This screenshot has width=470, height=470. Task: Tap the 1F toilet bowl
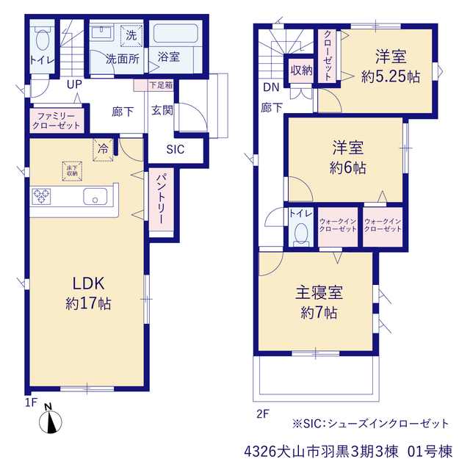[x=43, y=39]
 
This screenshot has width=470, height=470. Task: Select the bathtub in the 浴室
[x=176, y=34]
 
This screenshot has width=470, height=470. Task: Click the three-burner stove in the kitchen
[x=41, y=197]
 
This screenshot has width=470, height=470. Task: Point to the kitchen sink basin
[x=95, y=197]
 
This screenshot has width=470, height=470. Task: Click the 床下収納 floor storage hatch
[x=72, y=171]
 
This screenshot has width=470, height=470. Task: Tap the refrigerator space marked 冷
[x=103, y=150]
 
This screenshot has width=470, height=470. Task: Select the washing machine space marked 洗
[x=131, y=36]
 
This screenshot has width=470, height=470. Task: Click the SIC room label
[x=176, y=149]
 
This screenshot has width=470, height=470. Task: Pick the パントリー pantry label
[x=161, y=199]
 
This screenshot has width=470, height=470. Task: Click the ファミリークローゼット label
[x=56, y=120]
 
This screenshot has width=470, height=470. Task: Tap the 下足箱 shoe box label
[x=161, y=85]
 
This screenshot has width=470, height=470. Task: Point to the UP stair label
[x=74, y=84]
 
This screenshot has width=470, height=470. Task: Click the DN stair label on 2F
[x=271, y=87]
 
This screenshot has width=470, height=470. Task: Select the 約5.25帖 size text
[x=391, y=76]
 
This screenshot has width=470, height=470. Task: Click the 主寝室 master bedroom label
[x=319, y=292]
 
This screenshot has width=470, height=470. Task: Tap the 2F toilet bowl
[x=301, y=234]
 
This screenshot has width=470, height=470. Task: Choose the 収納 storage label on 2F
[x=301, y=70]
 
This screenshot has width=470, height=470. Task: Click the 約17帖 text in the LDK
[x=88, y=303]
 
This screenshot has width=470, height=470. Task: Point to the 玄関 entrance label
[x=162, y=110]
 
